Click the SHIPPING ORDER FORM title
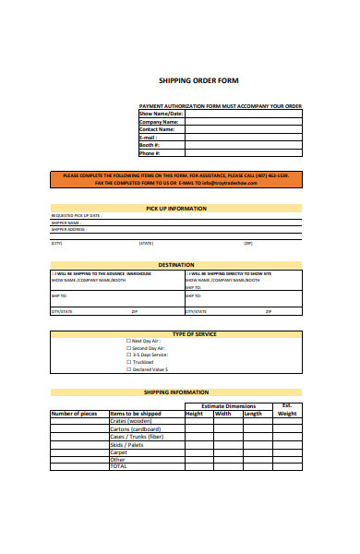point(198,80)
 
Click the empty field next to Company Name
point(243,121)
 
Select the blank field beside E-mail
point(243,137)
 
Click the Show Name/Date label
point(161,114)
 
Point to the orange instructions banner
point(175,178)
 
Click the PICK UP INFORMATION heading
point(176,209)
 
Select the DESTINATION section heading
point(176,265)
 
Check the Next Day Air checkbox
point(128,341)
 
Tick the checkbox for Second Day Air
point(128,348)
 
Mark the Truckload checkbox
point(128,362)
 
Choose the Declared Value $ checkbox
point(128,369)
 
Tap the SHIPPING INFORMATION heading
point(176,392)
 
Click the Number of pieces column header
point(74,414)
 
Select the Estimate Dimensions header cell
point(228,406)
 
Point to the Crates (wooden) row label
point(132,422)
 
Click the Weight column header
point(287,414)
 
